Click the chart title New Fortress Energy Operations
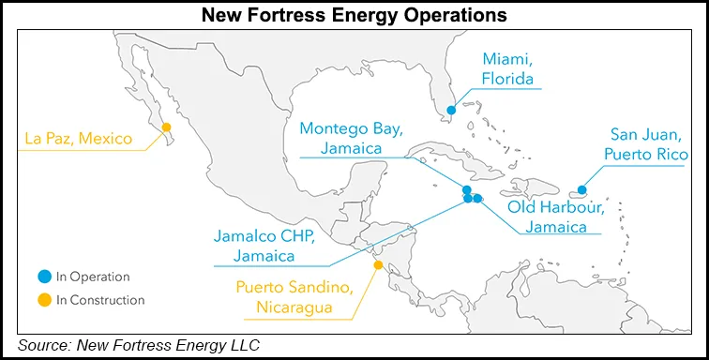(354, 15)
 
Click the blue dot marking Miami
(451, 111)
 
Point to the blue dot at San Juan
(582, 190)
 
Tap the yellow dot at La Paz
(166, 127)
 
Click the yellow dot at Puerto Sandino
(378, 265)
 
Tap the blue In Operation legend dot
(43, 277)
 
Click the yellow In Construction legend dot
(43, 300)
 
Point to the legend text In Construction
(100, 300)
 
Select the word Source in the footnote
(46, 346)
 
